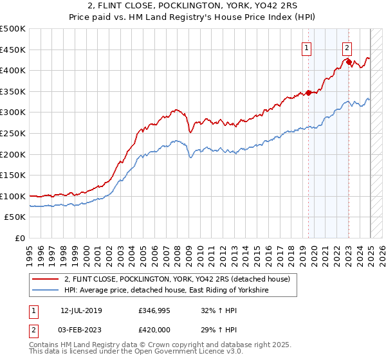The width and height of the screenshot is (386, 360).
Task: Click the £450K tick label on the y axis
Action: tap(13, 50)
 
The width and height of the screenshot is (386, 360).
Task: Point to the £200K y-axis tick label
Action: tap(13, 154)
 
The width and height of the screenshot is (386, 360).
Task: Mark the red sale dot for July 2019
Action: tap(308, 93)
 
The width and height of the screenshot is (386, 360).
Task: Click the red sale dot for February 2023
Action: tap(349, 62)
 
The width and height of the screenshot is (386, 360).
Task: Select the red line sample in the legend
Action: tap(44, 279)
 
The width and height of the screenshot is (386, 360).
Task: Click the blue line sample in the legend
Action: tap(44, 291)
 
